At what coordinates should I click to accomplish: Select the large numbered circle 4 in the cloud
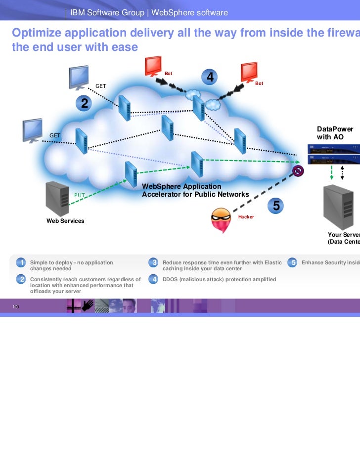(210, 78)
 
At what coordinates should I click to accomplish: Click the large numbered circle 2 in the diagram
(85, 103)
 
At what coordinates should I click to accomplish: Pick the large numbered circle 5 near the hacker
(276, 207)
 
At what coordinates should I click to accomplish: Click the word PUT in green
(80, 195)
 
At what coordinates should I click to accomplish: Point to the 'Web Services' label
(65, 221)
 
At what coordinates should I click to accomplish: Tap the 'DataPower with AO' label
(335, 133)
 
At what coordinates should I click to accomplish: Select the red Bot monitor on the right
(248, 72)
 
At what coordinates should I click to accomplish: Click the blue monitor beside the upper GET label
(79, 77)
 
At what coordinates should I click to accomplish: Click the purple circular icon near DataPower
(298, 171)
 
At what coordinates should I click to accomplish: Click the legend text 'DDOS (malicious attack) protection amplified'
(219, 279)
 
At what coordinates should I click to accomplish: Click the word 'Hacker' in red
(246, 217)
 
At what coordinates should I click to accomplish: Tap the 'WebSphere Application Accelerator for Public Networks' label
(195, 190)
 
